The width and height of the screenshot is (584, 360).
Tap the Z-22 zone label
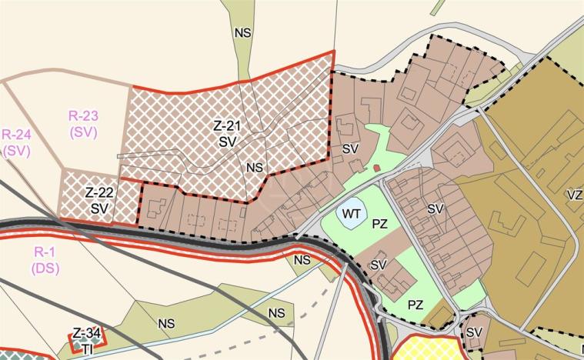click(99, 192)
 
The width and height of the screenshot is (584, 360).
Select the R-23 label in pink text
click(83, 116)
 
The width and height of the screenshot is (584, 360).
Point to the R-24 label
click(15, 136)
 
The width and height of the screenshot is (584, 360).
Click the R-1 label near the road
click(45, 252)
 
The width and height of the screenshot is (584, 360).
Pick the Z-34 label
click(87, 332)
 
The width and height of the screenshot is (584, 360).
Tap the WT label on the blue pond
click(352, 213)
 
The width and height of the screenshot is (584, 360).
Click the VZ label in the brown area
click(573, 195)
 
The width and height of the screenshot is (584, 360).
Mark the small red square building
click(376, 167)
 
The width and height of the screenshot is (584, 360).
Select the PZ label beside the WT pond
click(379, 225)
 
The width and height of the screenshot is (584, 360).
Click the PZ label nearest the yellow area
click(415, 305)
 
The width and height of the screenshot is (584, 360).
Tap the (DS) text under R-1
click(45, 268)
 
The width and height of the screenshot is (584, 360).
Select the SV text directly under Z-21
click(226, 142)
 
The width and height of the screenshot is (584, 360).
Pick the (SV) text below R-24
click(15, 152)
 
